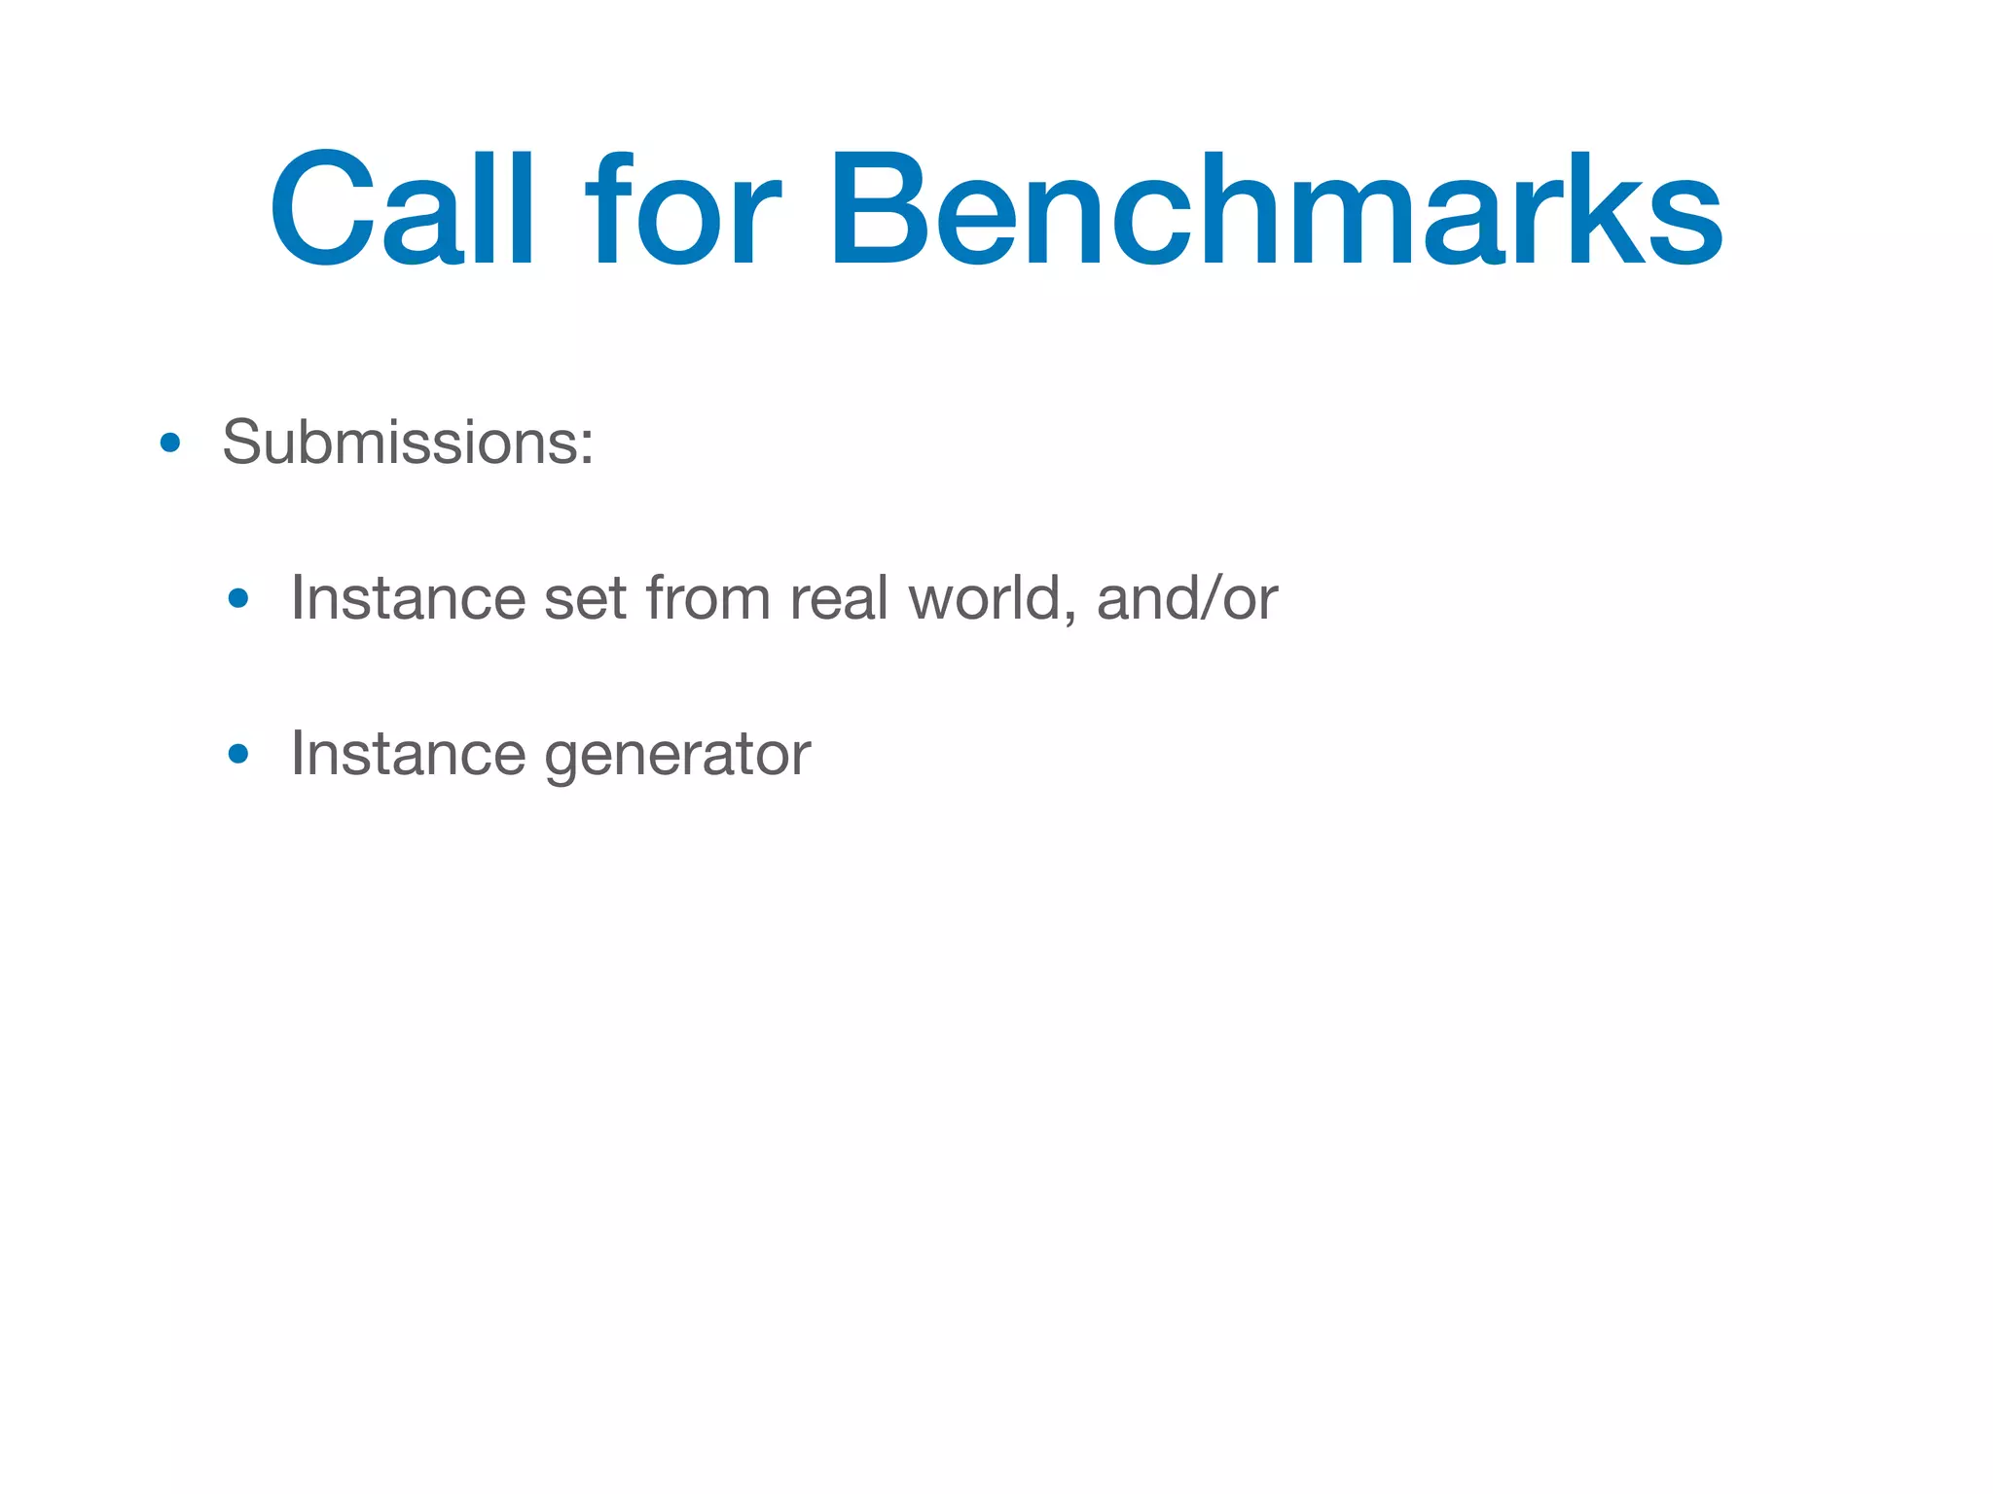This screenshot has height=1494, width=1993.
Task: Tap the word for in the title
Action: pyautogui.click(x=682, y=209)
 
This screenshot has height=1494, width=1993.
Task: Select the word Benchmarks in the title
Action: pyautogui.click(x=1275, y=209)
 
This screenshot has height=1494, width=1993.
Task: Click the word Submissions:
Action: pyautogui.click(x=408, y=443)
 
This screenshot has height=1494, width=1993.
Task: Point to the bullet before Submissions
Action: pyautogui.click(x=170, y=445)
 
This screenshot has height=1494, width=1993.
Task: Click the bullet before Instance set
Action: pyautogui.click(x=238, y=599)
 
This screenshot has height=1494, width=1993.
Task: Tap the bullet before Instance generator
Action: pyautogui.click(x=238, y=754)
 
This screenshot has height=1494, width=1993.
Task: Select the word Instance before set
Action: pyautogui.click(x=407, y=597)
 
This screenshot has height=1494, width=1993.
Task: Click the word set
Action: pyautogui.click(x=585, y=599)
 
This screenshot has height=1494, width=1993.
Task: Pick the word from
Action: pyautogui.click(x=707, y=597)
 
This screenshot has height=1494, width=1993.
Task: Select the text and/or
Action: pyautogui.click(x=1186, y=597)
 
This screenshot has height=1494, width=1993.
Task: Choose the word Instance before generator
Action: pyautogui.click(x=407, y=753)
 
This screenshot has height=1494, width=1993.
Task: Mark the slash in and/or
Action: pyautogui.click(x=1211, y=597)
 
